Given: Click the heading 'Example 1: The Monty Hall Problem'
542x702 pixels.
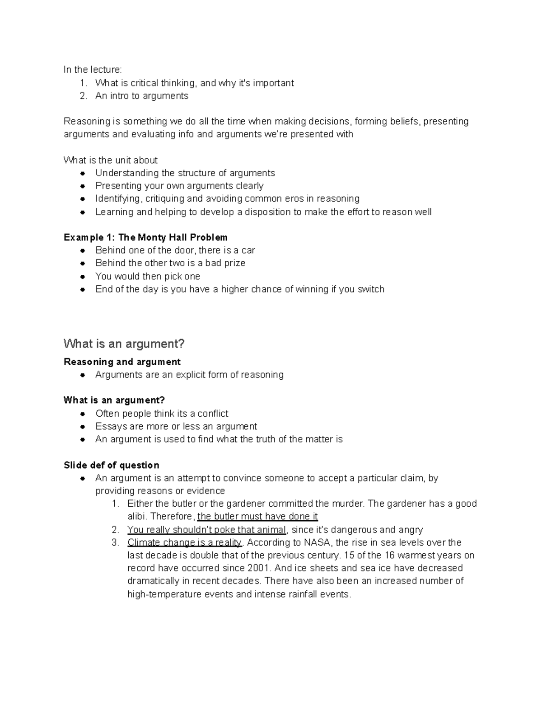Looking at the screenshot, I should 145,237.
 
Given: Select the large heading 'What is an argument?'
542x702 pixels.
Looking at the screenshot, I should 124,344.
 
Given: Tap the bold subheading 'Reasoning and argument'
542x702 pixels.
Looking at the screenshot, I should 122,362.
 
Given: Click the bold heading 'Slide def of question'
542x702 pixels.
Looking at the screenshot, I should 111,465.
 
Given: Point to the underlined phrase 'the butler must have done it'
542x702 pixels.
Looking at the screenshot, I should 257,516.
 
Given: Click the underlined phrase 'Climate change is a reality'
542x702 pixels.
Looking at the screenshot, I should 184,542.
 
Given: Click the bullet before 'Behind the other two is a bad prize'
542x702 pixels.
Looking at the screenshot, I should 82,263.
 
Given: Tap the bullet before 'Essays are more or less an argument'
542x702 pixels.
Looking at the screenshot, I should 82,426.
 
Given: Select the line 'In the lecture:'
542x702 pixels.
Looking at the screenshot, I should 93,70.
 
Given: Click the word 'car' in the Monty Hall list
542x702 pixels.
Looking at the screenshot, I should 248,250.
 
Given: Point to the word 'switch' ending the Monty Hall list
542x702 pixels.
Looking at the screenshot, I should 371,289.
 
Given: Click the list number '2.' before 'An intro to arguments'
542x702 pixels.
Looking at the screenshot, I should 83,96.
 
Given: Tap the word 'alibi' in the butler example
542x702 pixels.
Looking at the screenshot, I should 137,516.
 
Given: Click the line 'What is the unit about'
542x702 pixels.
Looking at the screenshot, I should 111,160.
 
